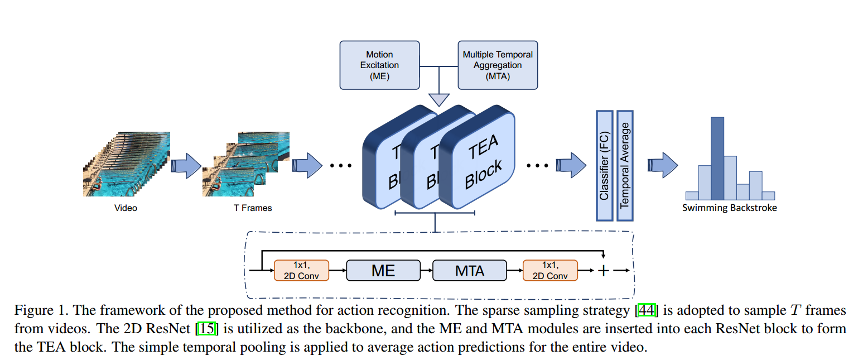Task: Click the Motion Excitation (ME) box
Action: pyautogui.click(x=379, y=65)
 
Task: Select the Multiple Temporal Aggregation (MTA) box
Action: pyautogui.click(x=498, y=65)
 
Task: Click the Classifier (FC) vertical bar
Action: pyautogui.click(x=604, y=165)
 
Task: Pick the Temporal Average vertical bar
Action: pyautogui.click(x=624, y=165)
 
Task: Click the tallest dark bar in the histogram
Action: pyautogui.click(x=717, y=159)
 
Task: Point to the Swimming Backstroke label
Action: pyautogui.click(x=729, y=208)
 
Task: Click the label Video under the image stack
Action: pyautogui.click(x=126, y=208)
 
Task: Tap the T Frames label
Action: pyautogui.click(x=253, y=208)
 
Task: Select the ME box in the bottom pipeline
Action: pyautogui.click(x=383, y=271)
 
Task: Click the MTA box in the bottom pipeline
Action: pyautogui.click(x=470, y=271)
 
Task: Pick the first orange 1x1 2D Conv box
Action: pyautogui.click(x=301, y=270)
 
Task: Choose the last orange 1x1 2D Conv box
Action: pyautogui.click(x=550, y=270)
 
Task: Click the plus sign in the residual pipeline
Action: pyautogui.click(x=603, y=271)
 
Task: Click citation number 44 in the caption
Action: pyautogui.click(x=652, y=310)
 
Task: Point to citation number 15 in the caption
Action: pyautogui.click(x=207, y=329)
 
